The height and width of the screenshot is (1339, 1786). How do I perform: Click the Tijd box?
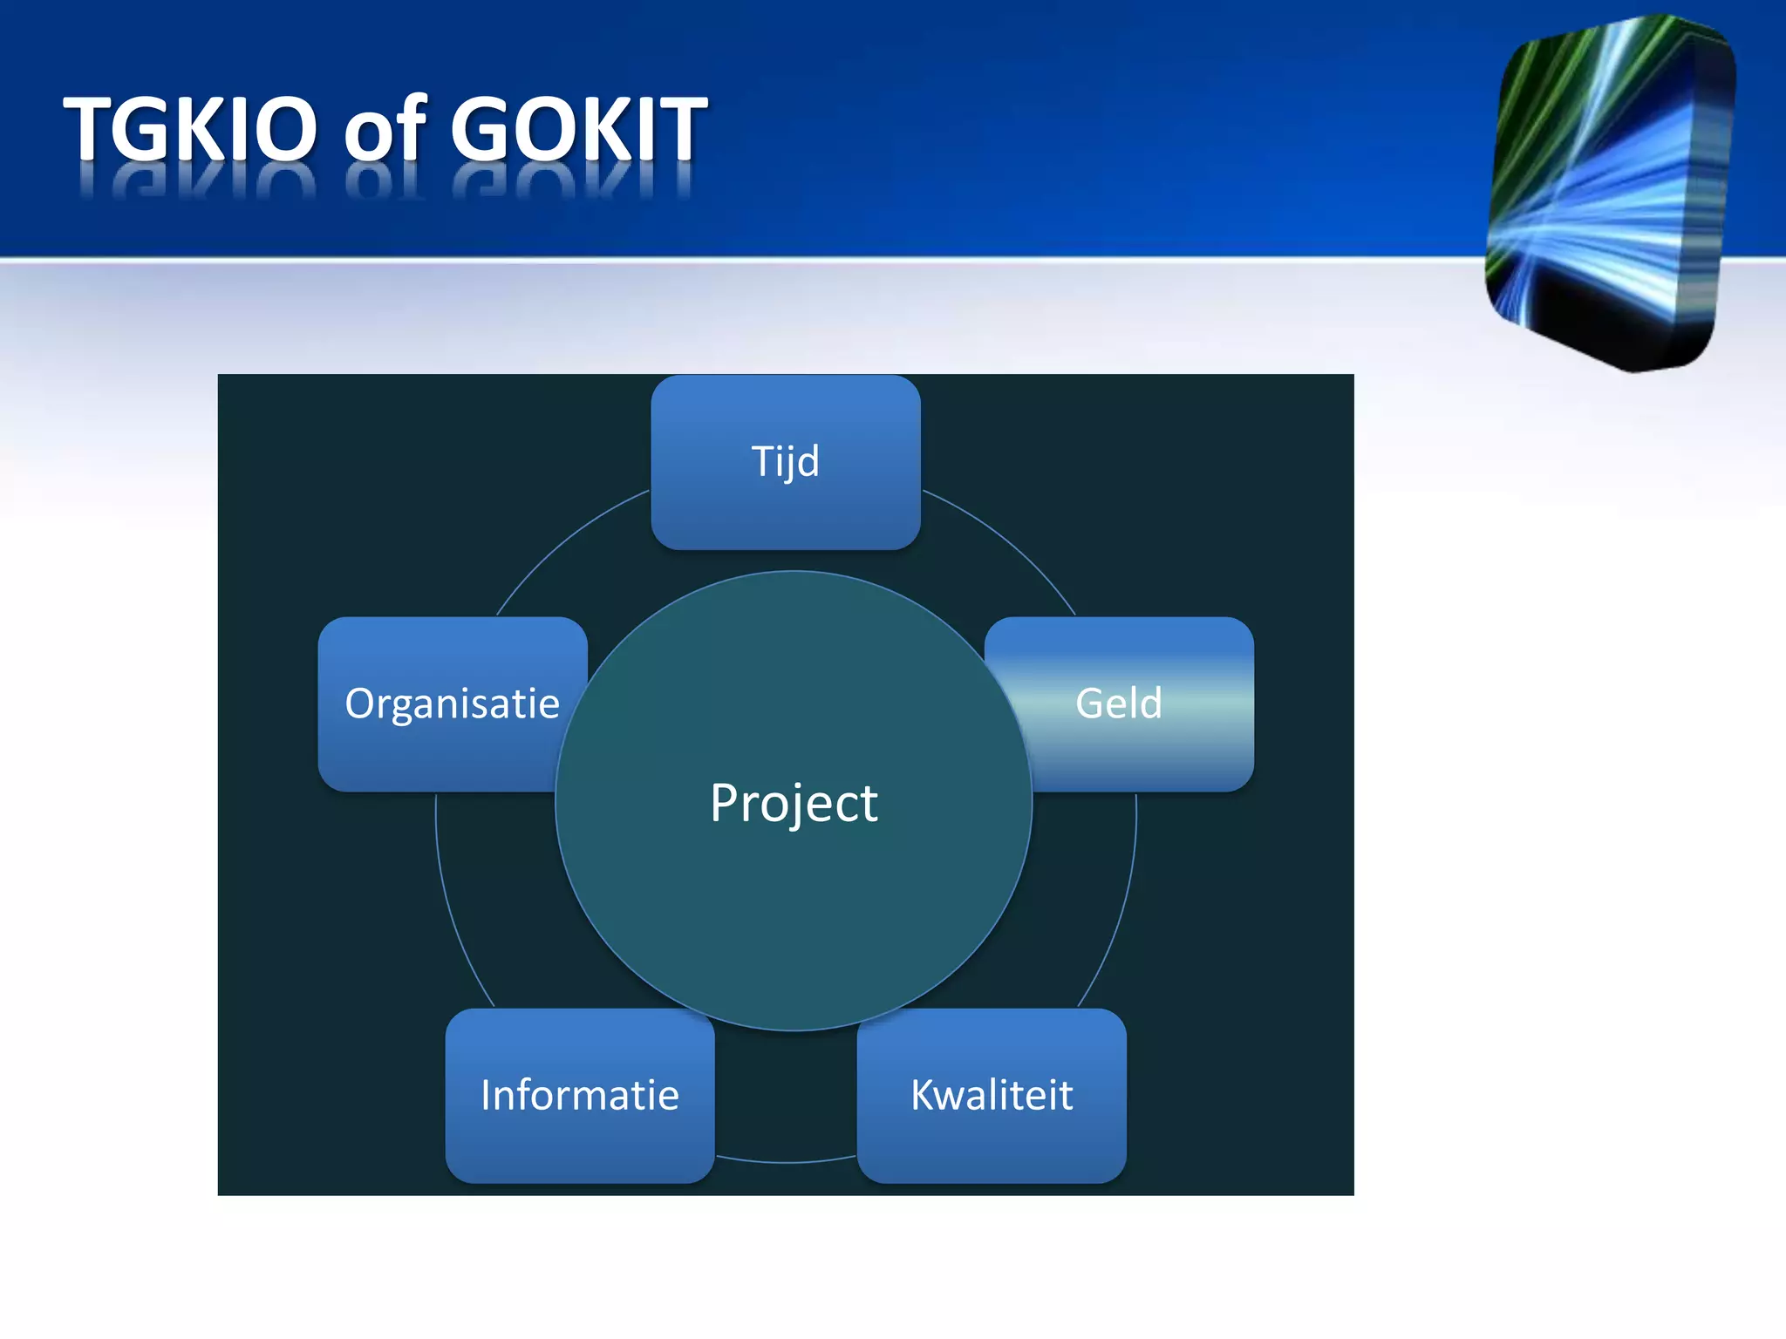click(x=785, y=461)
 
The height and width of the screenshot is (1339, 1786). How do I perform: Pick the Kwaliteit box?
click(x=992, y=1095)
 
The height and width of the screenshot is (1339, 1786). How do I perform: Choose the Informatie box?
click(x=579, y=1095)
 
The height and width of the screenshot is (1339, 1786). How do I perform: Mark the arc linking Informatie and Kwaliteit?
click(x=786, y=1162)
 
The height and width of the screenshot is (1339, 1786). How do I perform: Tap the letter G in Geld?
click(x=1092, y=703)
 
